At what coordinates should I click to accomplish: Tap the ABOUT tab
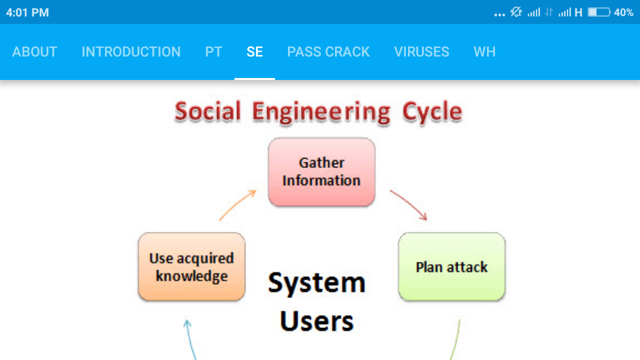click(x=34, y=52)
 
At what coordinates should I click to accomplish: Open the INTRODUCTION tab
click(x=131, y=52)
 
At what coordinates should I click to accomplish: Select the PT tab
click(x=213, y=52)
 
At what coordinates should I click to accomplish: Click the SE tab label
click(x=254, y=52)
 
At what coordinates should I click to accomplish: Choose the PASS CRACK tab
click(x=328, y=52)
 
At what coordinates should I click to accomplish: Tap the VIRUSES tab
click(x=421, y=52)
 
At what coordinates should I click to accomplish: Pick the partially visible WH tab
click(x=484, y=52)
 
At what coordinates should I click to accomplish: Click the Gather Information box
click(x=321, y=172)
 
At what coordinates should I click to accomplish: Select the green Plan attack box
click(x=452, y=267)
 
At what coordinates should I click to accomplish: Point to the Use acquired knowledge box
click(x=191, y=267)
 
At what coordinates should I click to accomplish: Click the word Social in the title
click(x=208, y=111)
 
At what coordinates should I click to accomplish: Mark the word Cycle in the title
click(x=432, y=112)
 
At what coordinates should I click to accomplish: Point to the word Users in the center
click(x=317, y=320)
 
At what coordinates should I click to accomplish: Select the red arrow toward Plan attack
click(x=409, y=204)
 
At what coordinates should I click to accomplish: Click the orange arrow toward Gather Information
click(x=238, y=204)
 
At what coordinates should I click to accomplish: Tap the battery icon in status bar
click(x=598, y=12)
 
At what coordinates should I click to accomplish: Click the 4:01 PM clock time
click(x=27, y=12)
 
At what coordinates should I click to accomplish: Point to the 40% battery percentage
click(x=623, y=12)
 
